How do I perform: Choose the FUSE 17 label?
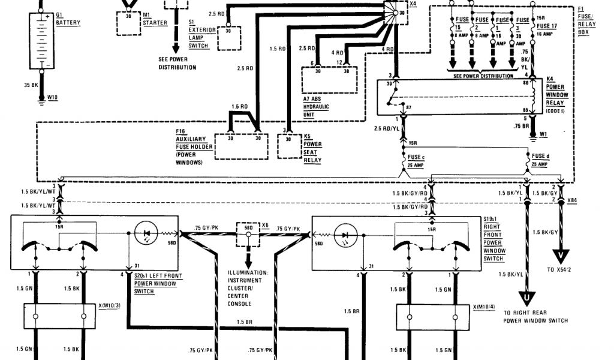point(547,26)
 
